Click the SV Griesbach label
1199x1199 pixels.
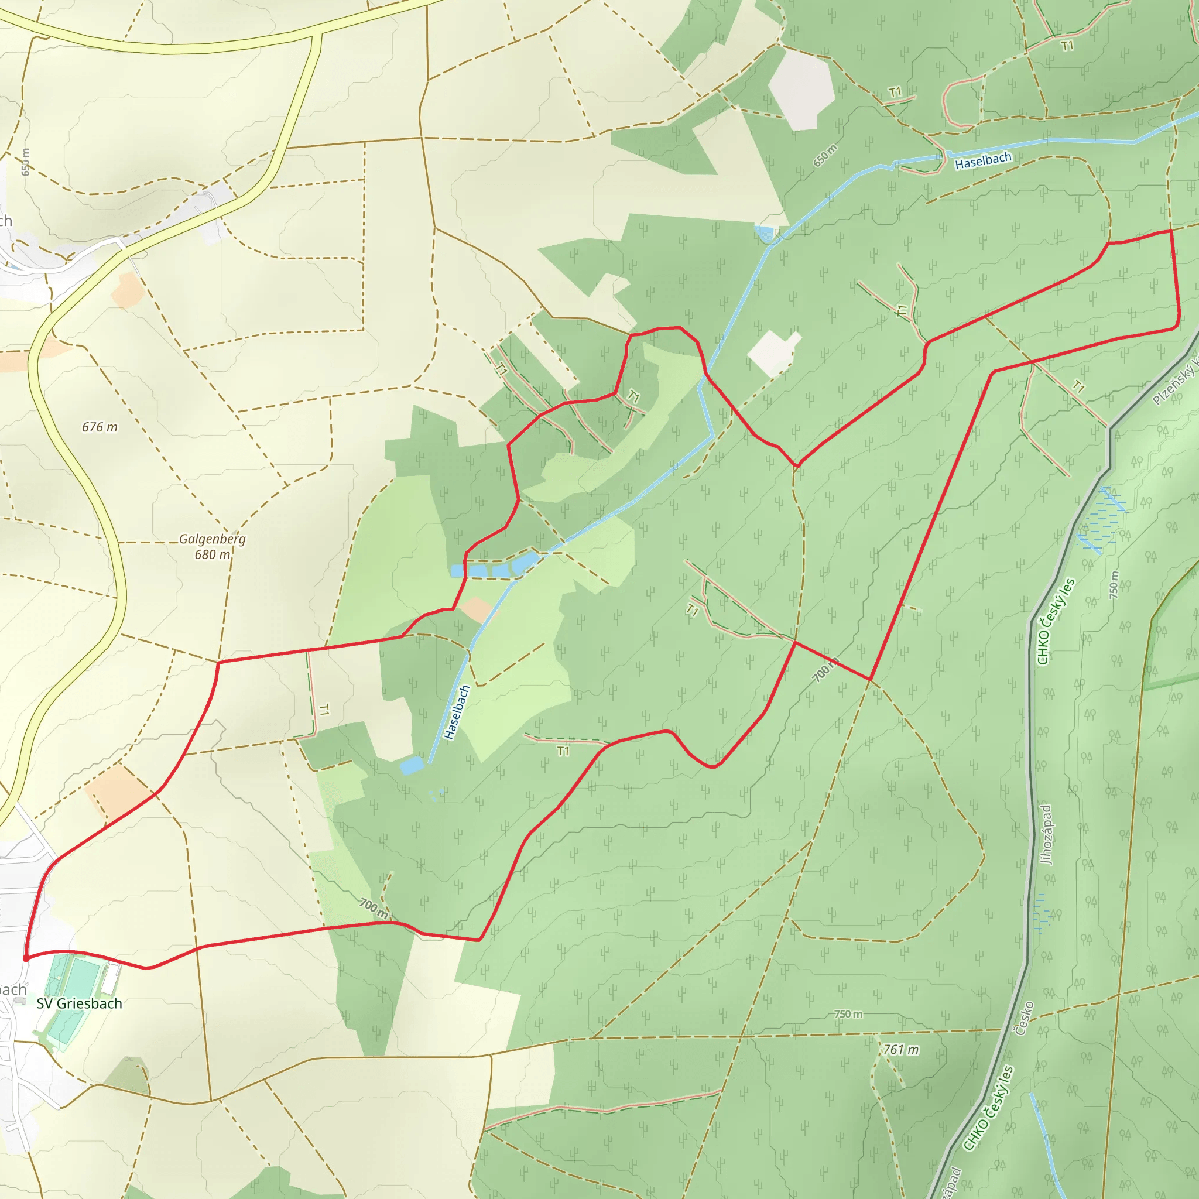tap(79, 1003)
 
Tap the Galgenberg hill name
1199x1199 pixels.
tap(213, 539)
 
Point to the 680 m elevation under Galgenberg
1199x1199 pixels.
tap(213, 555)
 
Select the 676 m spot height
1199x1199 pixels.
tap(100, 427)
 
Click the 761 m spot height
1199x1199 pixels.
tap(900, 1050)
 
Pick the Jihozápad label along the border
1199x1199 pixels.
tap(1047, 835)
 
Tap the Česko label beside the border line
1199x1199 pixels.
tap(1023, 1018)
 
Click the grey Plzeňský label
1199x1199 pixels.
tap(1174, 385)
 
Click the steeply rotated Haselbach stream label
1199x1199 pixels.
tap(457, 712)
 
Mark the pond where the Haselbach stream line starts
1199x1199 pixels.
tap(412, 765)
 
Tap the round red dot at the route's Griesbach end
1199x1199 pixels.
tap(25, 959)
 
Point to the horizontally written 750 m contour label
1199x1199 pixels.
tap(848, 1014)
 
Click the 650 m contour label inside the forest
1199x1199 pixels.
tap(825, 155)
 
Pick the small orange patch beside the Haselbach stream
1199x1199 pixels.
tap(477, 609)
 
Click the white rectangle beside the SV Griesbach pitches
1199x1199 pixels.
tap(111, 979)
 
